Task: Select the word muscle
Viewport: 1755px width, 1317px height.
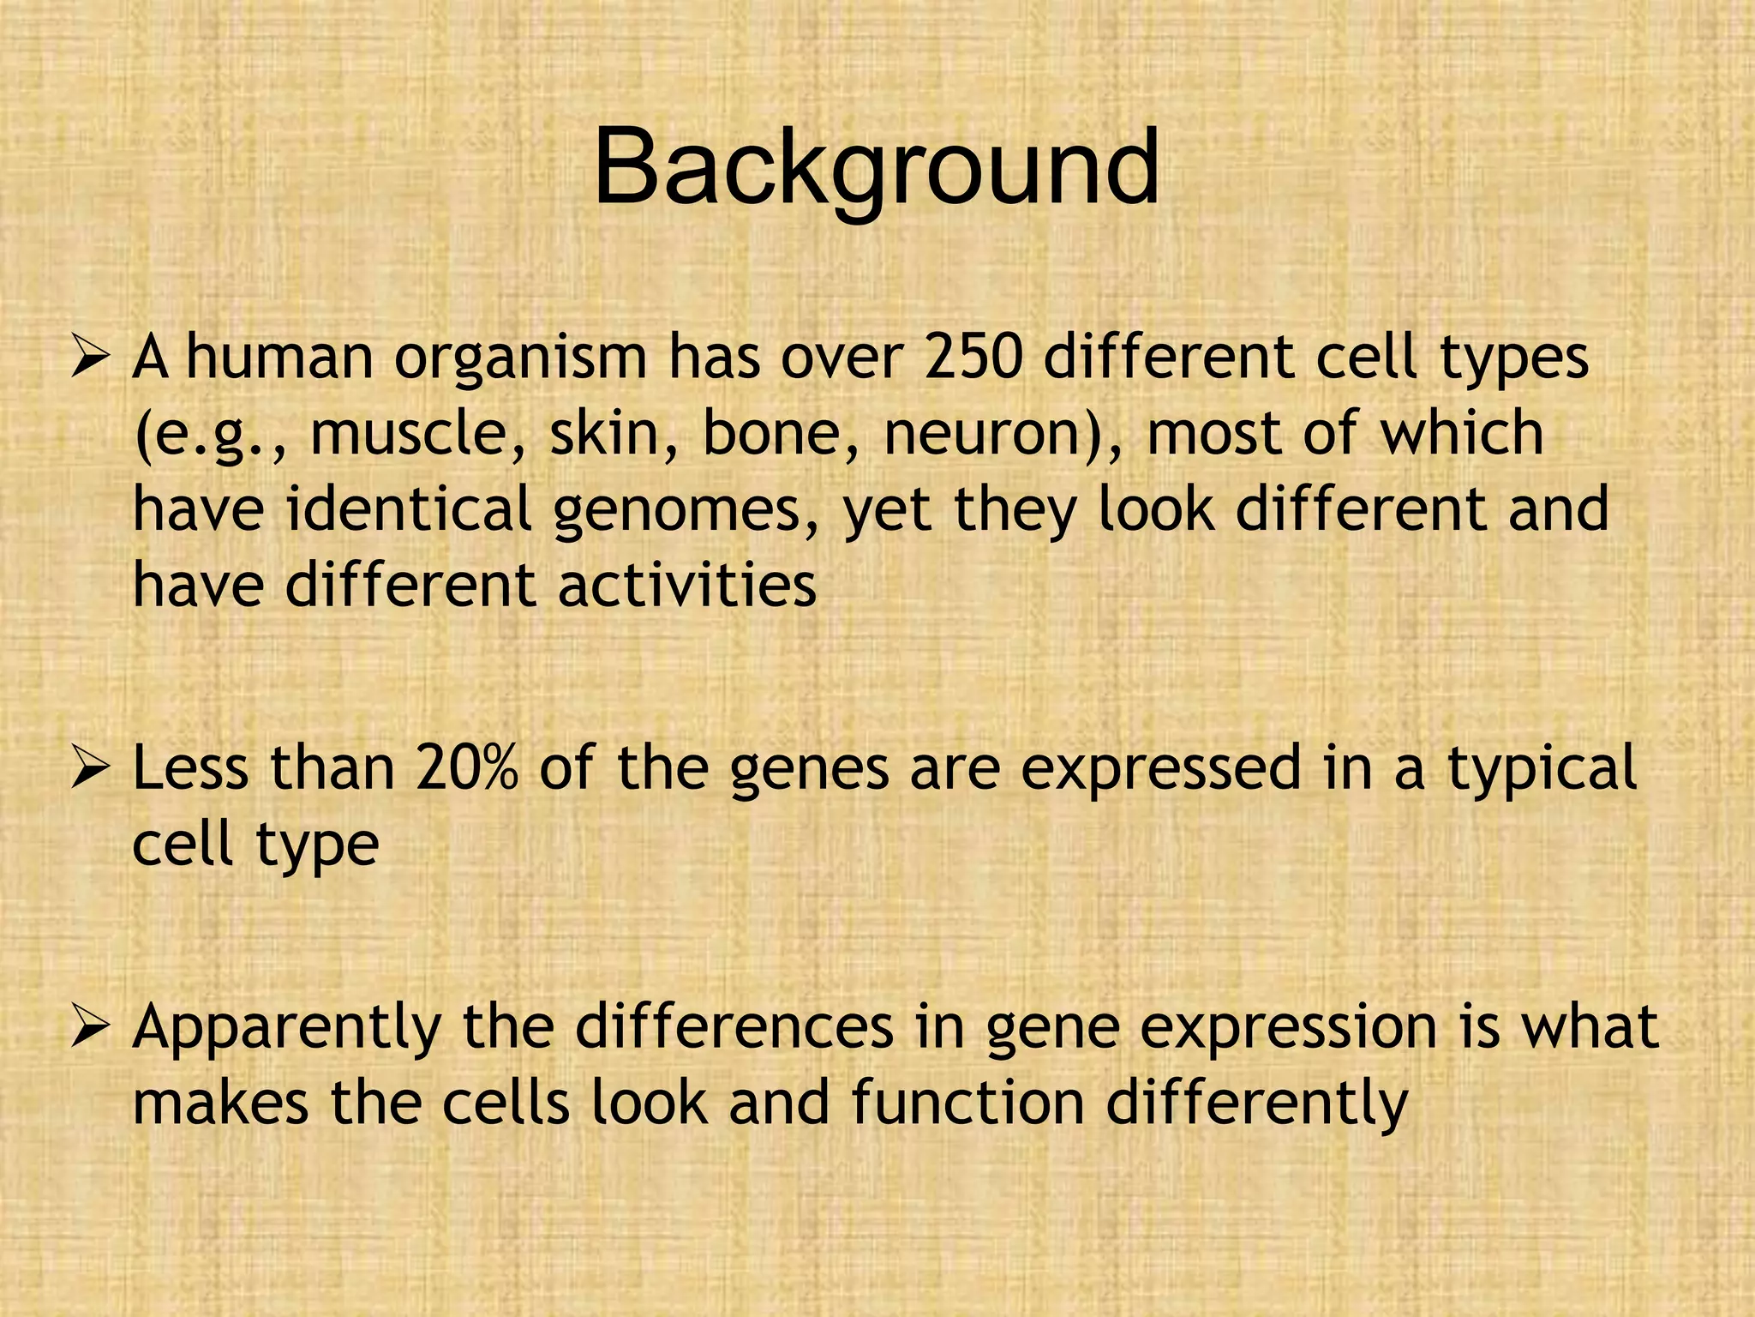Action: coord(416,433)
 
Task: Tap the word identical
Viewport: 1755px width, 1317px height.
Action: coord(408,508)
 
